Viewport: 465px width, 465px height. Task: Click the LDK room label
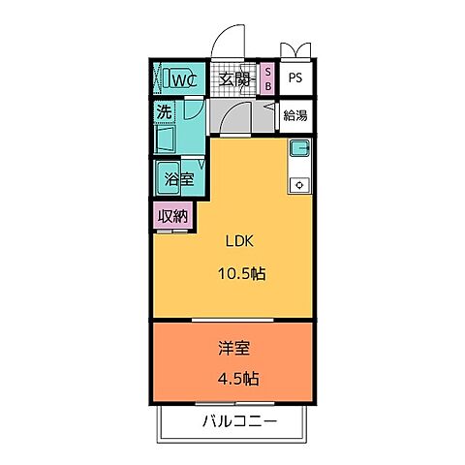coord(239,241)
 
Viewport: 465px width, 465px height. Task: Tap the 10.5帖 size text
coord(242,274)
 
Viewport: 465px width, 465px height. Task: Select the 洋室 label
coord(234,349)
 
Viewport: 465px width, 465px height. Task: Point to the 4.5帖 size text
coord(238,379)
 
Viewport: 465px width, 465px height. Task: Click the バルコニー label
coord(240,421)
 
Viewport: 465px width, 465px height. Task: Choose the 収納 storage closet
coord(172,216)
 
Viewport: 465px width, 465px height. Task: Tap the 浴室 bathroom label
coord(179,179)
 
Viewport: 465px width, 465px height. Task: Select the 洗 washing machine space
coord(165,111)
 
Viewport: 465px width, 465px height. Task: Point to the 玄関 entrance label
coord(234,79)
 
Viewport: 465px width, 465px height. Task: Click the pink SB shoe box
coord(268,78)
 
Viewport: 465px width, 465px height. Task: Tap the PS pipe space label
coord(295,77)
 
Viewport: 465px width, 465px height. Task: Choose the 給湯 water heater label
coord(295,115)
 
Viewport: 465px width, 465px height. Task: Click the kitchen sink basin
coord(300,148)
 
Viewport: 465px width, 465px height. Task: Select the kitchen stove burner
coord(300,185)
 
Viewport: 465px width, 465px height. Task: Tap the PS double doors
coord(295,50)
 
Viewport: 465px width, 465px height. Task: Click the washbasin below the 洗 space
coord(166,139)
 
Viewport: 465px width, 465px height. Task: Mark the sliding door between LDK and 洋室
coord(232,320)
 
